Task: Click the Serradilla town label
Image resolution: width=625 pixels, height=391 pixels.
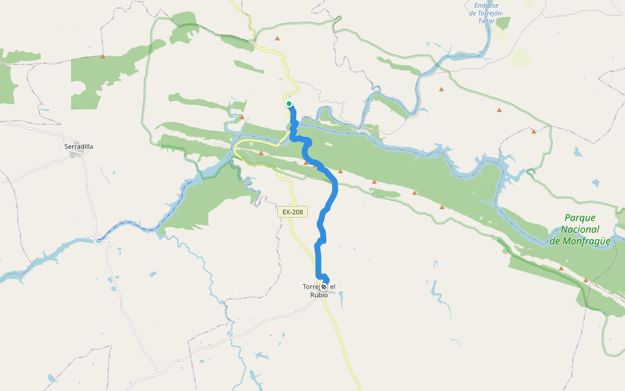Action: [79, 147]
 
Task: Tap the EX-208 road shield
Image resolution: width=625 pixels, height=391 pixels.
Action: [292, 212]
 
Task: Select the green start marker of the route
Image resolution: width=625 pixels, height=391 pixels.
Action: [289, 104]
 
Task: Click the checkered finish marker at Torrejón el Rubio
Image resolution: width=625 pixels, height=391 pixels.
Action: [324, 286]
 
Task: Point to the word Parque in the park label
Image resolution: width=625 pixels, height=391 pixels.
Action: [580, 218]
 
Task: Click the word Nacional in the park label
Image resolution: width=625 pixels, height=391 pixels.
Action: [581, 229]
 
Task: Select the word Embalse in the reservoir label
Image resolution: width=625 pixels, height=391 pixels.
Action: [486, 5]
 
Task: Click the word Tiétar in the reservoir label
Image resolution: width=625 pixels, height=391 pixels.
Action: [486, 21]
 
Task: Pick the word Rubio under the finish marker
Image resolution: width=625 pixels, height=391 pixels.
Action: [319, 295]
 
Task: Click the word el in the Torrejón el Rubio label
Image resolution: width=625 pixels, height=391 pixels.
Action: [332, 287]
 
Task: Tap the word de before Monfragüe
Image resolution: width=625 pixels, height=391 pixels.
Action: [555, 241]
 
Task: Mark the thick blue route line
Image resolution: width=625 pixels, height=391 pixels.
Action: [335, 189]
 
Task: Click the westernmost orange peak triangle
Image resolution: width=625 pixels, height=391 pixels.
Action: [103, 57]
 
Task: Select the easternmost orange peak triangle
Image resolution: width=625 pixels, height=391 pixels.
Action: [586, 280]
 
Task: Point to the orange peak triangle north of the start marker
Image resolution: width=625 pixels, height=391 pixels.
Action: [277, 38]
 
